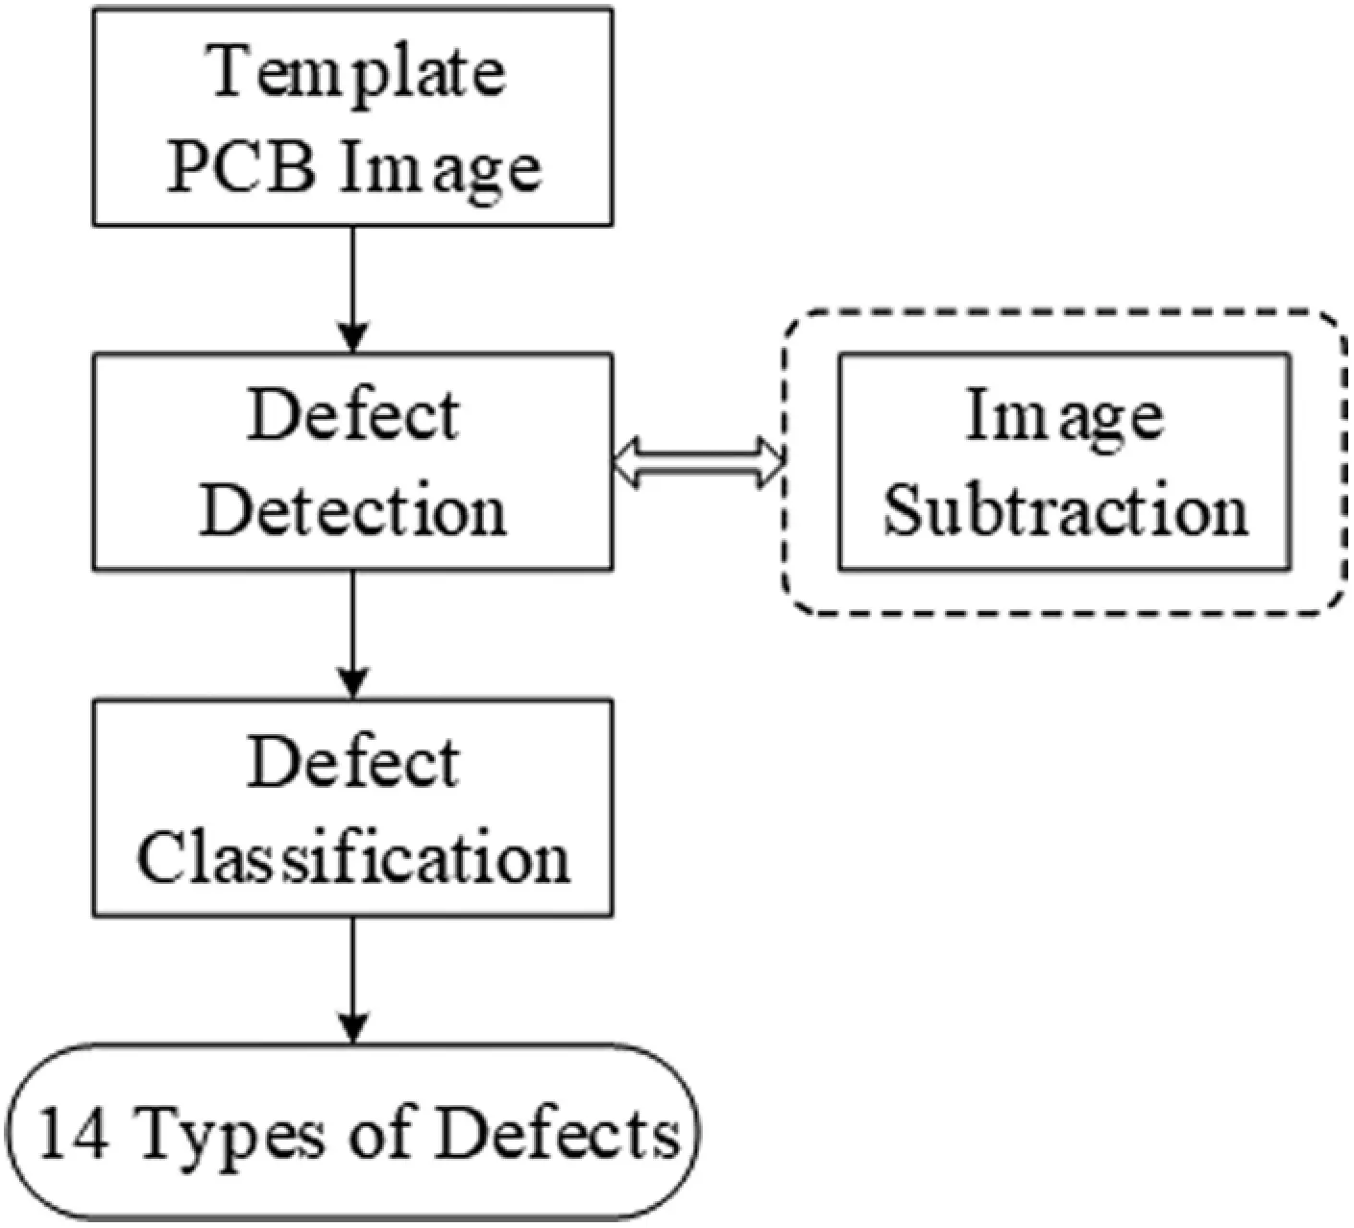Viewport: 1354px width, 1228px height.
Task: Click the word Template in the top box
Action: [x=356, y=72]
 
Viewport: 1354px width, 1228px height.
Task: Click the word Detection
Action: [x=352, y=510]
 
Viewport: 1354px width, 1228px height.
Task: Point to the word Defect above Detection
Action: [x=353, y=415]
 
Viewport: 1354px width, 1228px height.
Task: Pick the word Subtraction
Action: [x=1066, y=510]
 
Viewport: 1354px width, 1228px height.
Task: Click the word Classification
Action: [x=353, y=856]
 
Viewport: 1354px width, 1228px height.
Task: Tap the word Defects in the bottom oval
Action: [x=557, y=1135]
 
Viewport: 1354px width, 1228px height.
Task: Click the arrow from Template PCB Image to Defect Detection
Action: [x=353, y=288]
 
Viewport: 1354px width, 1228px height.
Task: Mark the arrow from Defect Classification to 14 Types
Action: [x=353, y=978]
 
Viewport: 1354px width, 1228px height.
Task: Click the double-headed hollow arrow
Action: [x=699, y=462]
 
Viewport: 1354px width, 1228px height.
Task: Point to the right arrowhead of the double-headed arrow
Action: [x=770, y=462]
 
